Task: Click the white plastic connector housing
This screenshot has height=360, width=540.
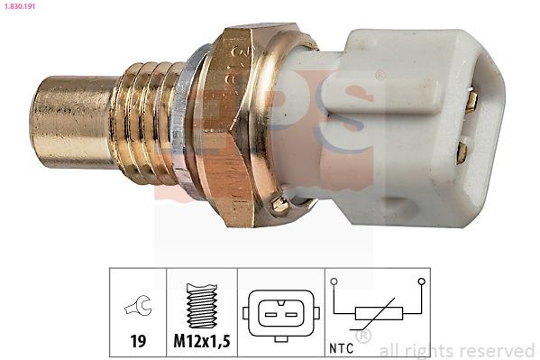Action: click(x=406, y=113)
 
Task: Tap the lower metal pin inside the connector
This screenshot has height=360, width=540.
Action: click(x=462, y=152)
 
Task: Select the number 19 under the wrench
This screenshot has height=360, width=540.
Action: click(x=138, y=343)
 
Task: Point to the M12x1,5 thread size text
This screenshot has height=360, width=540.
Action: click(x=202, y=343)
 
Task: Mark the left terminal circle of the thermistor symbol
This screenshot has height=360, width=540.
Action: click(x=334, y=282)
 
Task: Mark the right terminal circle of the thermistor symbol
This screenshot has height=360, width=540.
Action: click(x=421, y=282)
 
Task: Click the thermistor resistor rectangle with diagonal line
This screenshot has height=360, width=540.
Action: click(x=378, y=314)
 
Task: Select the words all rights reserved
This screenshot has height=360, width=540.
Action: click(x=457, y=350)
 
